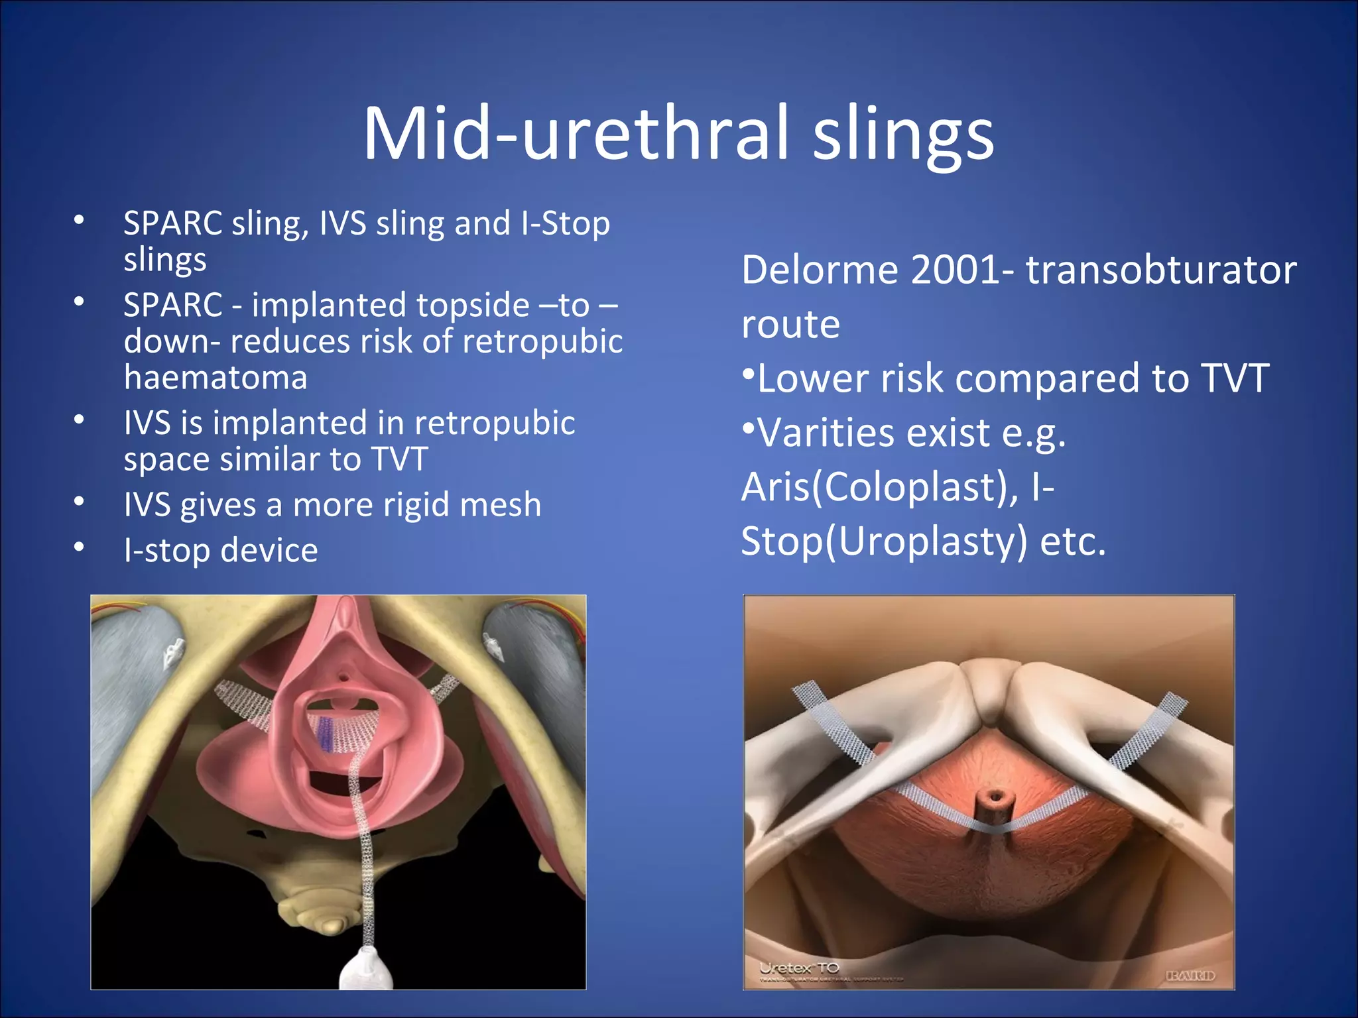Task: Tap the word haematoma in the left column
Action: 216,378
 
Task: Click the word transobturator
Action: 1161,270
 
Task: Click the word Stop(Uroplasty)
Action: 884,542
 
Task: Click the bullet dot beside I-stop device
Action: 80,547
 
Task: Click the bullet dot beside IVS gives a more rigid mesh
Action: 80,502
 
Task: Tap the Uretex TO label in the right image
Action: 800,968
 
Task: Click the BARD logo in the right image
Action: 1190,976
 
